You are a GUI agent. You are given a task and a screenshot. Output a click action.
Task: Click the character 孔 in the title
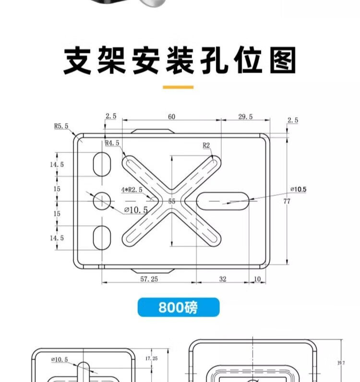[x=215, y=61]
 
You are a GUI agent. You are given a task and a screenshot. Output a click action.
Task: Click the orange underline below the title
[x=178, y=87]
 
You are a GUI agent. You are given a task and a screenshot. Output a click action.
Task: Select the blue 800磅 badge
[x=178, y=307]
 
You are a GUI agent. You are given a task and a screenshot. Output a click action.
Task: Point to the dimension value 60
[x=171, y=117]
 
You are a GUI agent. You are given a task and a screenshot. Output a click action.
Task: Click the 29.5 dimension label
[x=245, y=117]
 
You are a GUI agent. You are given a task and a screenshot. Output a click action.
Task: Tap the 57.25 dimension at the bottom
[x=149, y=279]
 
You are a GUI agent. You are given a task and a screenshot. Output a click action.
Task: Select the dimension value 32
[x=223, y=279]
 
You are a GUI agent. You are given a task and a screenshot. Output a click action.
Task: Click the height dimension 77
[x=287, y=201]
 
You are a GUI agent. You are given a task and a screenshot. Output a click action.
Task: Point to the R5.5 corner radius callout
[x=61, y=126]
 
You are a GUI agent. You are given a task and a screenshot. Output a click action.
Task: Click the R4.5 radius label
[x=112, y=143]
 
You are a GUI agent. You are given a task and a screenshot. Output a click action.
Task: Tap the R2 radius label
[x=206, y=145]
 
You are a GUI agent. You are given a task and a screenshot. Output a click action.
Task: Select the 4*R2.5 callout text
[x=132, y=190]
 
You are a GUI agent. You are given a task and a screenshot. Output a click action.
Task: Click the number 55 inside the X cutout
[x=172, y=202]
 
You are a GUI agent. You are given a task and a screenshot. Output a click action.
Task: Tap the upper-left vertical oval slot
[x=101, y=165]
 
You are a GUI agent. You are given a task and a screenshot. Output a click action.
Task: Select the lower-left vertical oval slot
[x=101, y=237]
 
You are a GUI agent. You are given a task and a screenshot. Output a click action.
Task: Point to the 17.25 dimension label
[x=151, y=358]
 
